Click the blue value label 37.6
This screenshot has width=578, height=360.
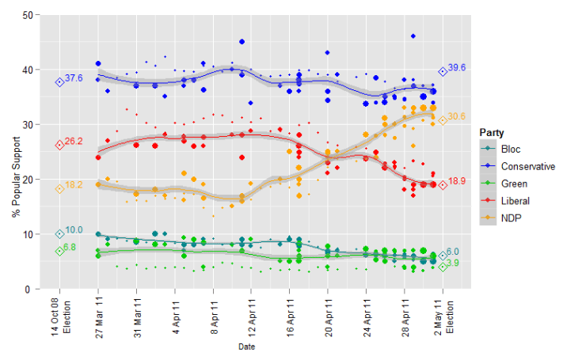[x=74, y=78]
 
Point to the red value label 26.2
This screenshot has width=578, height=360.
[x=74, y=141]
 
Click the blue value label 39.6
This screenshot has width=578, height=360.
[x=457, y=68]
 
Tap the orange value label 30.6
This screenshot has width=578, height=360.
[x=458, y=117]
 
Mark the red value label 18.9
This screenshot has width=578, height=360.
[x=458, y=181]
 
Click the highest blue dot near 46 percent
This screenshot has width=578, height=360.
[x=413, y=36]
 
